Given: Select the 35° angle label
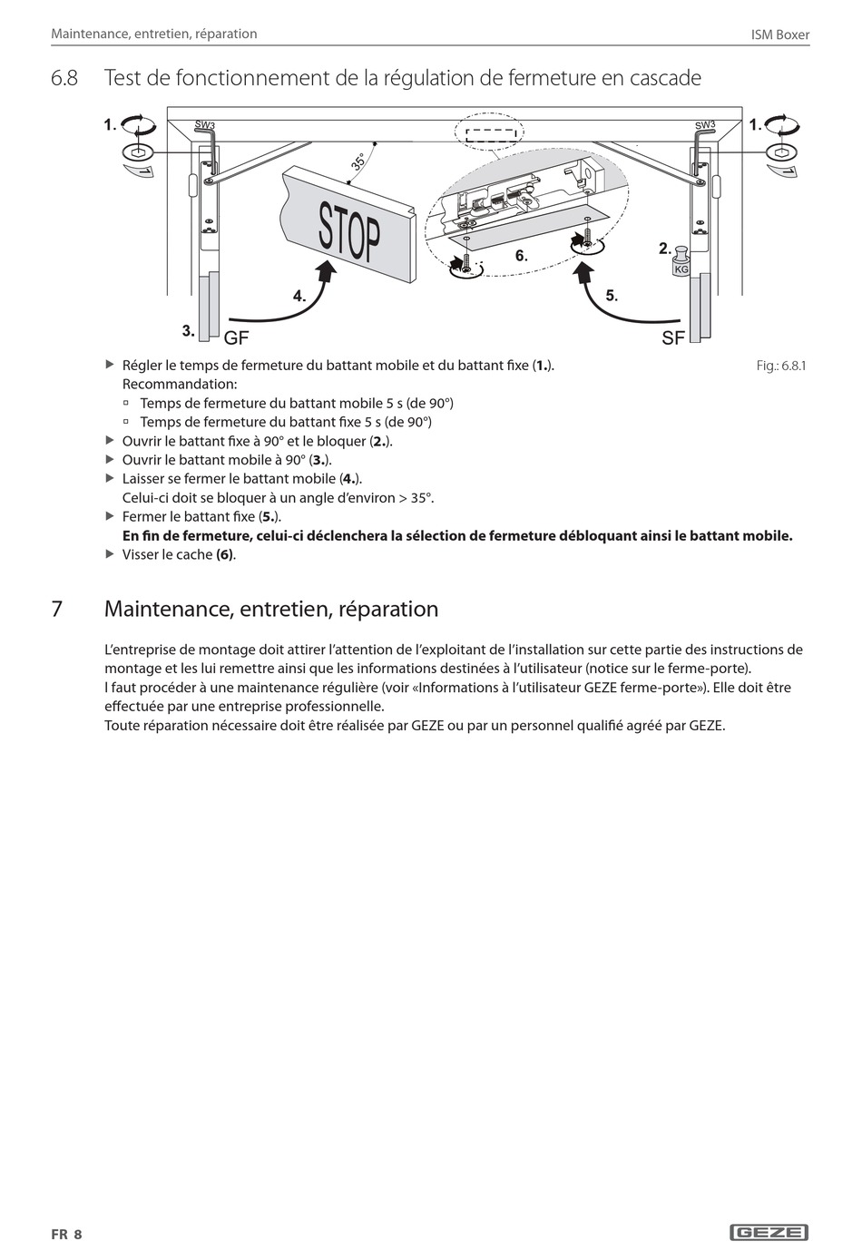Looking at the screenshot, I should (x=359, y=162).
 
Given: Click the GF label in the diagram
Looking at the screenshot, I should (x=236, y=338).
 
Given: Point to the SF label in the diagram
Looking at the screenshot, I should (x=673, y=338).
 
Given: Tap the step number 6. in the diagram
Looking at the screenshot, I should (x=521, y=256).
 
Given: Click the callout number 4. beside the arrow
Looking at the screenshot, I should (x=299, y=296).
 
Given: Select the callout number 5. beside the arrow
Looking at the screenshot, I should (x=612, y=296).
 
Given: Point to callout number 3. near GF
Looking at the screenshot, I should (x=189, y=330).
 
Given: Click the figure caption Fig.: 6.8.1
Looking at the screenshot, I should (x=780, y=366).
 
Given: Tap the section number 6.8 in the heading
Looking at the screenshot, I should (x=64, y=78).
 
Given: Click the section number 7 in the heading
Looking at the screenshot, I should (x=57, y=609).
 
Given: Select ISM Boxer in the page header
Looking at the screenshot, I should (x=780, y=34).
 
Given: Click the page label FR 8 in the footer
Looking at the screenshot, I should (x=66, y=1234).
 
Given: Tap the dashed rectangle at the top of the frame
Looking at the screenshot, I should (x=491, y=134).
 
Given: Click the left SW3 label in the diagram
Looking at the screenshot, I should (x=205, y=125).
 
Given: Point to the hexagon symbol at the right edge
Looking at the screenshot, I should (x=780, y=151).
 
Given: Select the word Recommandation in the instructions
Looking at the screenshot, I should (x=179, y=384).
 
